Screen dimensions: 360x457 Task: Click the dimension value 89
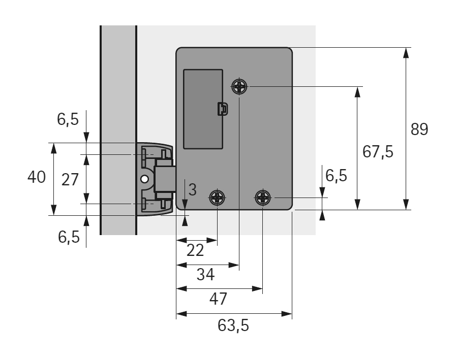(419, 129)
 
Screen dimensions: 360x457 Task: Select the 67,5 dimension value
(378, 151)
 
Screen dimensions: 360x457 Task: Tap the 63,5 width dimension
(233, 325)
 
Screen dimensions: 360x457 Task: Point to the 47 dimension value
(218, 298)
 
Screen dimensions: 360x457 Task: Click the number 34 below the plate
(205, 275)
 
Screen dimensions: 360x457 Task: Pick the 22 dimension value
(195, 250)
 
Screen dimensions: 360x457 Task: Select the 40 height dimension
(37, 177)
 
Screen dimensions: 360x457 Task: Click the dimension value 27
(70, 179)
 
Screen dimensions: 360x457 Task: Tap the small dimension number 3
(192, 190)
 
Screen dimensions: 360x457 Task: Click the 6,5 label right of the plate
(336, 176)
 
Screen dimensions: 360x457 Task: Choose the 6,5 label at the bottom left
(69, 237)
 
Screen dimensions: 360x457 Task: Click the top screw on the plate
(239, 87)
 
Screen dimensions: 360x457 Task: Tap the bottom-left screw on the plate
(218, 197)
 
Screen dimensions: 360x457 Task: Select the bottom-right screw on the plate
(263, 197)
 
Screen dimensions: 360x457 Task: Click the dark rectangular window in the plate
(203, 109)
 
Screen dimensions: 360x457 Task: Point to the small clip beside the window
(222, 109)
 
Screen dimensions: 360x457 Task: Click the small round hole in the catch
(145, 179)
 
